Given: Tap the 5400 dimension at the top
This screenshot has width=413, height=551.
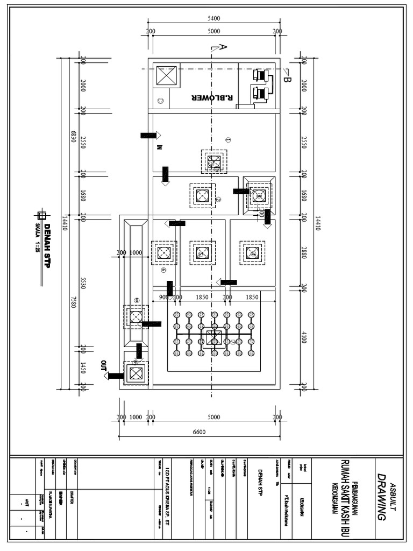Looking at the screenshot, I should pyautogui.click(x=213, y=18).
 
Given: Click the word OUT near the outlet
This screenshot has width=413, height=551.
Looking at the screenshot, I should pyautogui.click(x=104, y=366).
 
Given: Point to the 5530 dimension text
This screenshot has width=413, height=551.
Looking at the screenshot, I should pyautogui.click(x=83, y=284).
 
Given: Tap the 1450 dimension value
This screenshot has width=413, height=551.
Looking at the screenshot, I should pyautogui.click(x=83, y=368).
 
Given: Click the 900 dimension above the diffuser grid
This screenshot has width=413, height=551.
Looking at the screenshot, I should pyautogui.click(x=163, y=297).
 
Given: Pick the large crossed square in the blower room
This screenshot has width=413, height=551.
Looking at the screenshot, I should pyautogui.click(x=165, y=76).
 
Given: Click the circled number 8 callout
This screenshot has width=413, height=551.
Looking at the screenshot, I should pyautogui.click(x=137, y=301).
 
